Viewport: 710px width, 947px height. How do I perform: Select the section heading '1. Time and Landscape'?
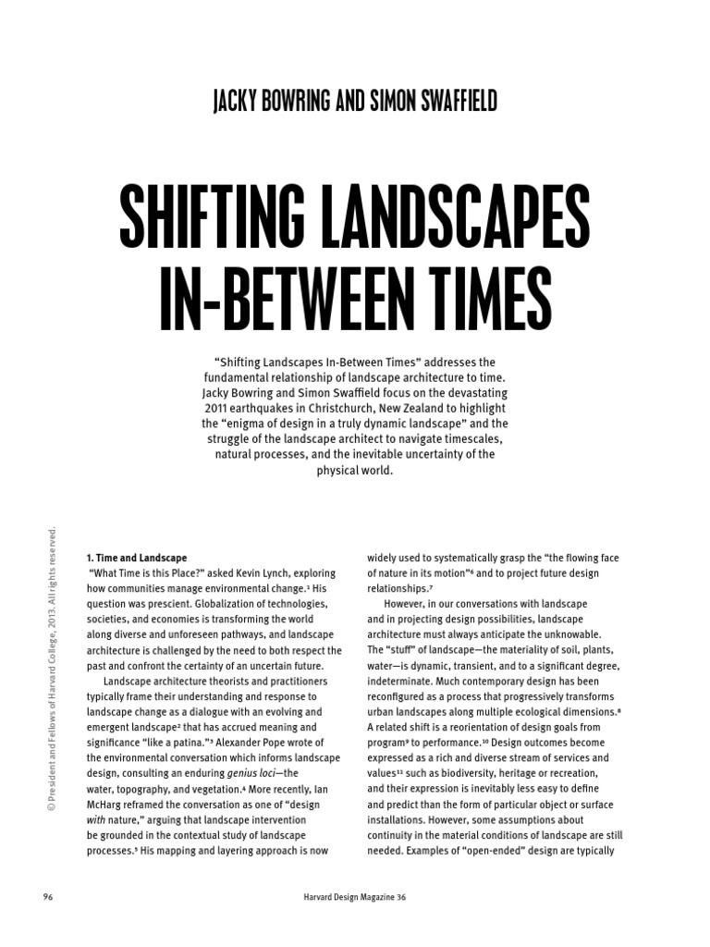136,558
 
